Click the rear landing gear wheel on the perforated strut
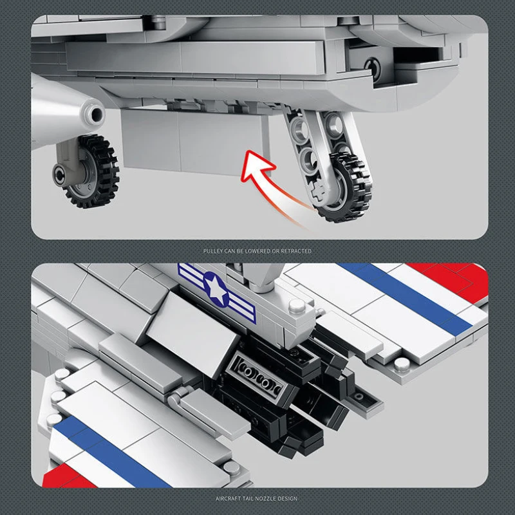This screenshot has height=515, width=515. pos(345,188)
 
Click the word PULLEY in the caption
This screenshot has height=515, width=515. pos(213,251)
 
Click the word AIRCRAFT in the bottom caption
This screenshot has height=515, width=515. pos(227,498)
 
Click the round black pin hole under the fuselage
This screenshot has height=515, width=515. pos(373,68)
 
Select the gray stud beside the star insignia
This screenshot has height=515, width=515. pos(297,306)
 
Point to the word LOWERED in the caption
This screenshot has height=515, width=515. pos(257,251)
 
